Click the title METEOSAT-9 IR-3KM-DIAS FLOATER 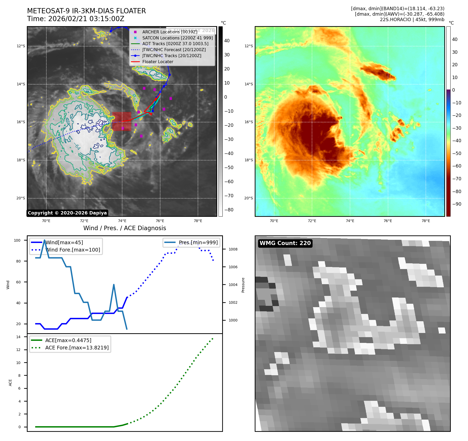coord(86,11)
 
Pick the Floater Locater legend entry coord(158,62)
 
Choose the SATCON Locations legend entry coord(177,38)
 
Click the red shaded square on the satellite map coord(122,121)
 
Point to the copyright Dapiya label coord(67,213)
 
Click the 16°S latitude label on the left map coord(21,122)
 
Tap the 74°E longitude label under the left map coord(122,221)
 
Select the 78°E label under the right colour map coord(426,221)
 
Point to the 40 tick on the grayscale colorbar coord(227,41)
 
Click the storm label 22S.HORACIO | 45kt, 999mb coord(412,20)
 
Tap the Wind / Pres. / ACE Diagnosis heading coord(124,228)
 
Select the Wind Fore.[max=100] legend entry coord(73,250)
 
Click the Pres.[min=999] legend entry coord(198,242)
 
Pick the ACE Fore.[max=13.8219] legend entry coord(77,348)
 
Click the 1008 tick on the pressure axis coord(233,249)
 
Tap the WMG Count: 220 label coord(285,243)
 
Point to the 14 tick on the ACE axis coord(18,337)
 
